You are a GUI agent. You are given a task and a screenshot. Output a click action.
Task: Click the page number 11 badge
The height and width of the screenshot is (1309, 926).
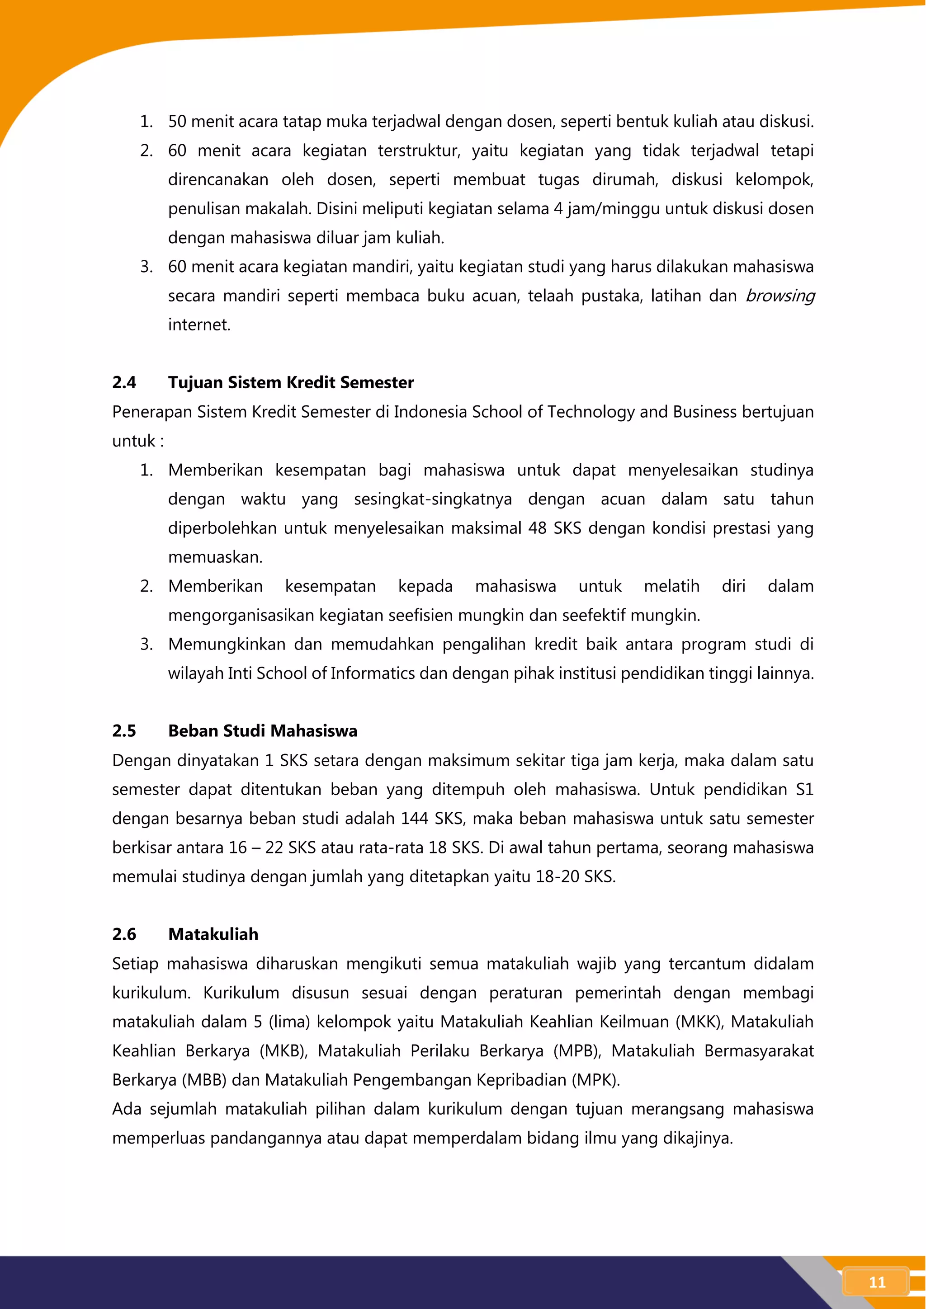876,1282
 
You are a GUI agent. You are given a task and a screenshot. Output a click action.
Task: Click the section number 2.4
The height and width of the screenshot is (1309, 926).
124,382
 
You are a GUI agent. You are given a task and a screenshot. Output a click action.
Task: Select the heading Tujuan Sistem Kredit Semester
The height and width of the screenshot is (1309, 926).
291,382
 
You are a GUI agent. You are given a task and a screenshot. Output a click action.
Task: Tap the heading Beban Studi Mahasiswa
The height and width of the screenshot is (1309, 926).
262,731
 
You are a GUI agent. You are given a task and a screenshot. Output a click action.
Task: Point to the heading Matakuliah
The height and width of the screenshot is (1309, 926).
213,934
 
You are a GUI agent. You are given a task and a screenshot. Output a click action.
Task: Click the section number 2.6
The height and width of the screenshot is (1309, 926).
124,934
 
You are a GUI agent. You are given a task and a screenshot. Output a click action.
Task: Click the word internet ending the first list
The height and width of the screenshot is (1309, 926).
199,325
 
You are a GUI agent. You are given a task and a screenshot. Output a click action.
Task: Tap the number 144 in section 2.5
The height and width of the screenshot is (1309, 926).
415,819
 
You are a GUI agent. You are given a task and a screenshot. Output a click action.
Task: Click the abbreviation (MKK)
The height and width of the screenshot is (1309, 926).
699,1022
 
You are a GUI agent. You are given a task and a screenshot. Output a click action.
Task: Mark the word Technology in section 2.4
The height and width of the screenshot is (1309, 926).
591,412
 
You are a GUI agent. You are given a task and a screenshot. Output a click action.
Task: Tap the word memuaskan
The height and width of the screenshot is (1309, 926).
215,557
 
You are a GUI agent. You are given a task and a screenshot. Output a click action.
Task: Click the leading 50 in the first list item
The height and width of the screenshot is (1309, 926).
177,122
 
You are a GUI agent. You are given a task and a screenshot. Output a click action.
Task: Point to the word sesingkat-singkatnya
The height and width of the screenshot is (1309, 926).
433,499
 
